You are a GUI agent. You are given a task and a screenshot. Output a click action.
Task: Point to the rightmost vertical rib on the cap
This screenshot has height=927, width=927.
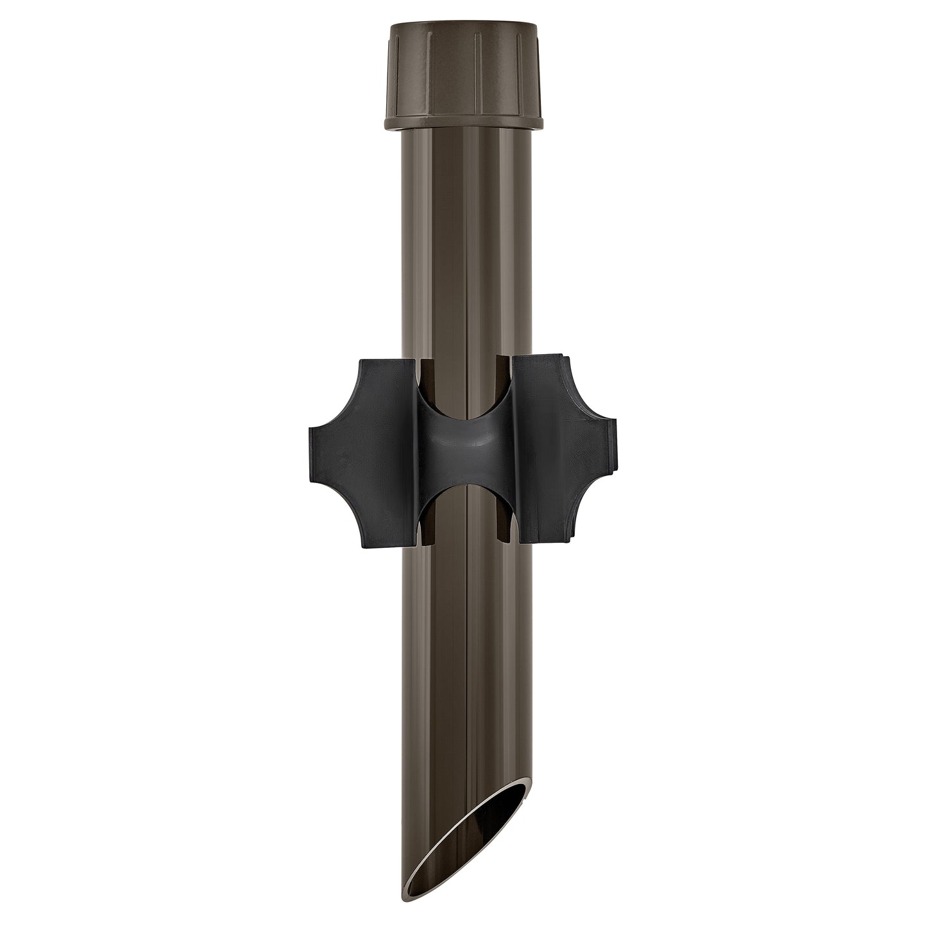point(531,71)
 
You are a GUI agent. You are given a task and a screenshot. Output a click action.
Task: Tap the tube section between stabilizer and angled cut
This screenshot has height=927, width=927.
point(464,642)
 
